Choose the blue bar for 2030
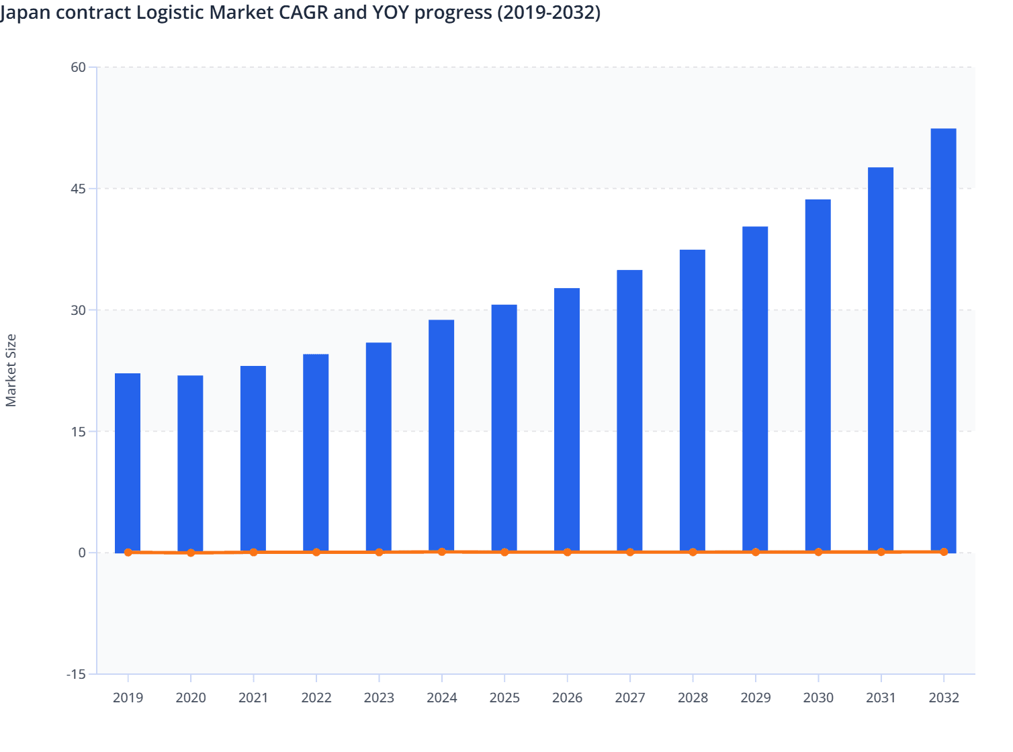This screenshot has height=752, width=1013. click(x=818, y=375)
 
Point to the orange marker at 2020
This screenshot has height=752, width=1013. click(x=191, y=553)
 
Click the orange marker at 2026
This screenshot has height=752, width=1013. click(x=567, y=552)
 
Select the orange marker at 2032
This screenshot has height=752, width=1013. click(x=943, y=551)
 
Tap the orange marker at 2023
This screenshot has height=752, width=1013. click(x=379, y=552)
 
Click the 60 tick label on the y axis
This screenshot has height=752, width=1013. click(x=79, y=67)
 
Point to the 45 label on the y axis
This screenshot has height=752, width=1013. click(x=79, y=189)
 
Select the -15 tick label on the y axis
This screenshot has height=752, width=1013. click(x=76, y=674)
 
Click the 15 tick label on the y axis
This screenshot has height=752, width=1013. click(x=79, y=431)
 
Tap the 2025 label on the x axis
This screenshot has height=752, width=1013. click(x=504, y=698)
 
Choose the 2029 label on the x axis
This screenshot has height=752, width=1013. click(x=755, y=698)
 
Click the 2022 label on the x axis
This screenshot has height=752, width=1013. click(x=316, y=698)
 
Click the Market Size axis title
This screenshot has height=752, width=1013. click(x=11, y=370)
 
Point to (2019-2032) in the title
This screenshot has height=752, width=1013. click(x=548, y=12)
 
